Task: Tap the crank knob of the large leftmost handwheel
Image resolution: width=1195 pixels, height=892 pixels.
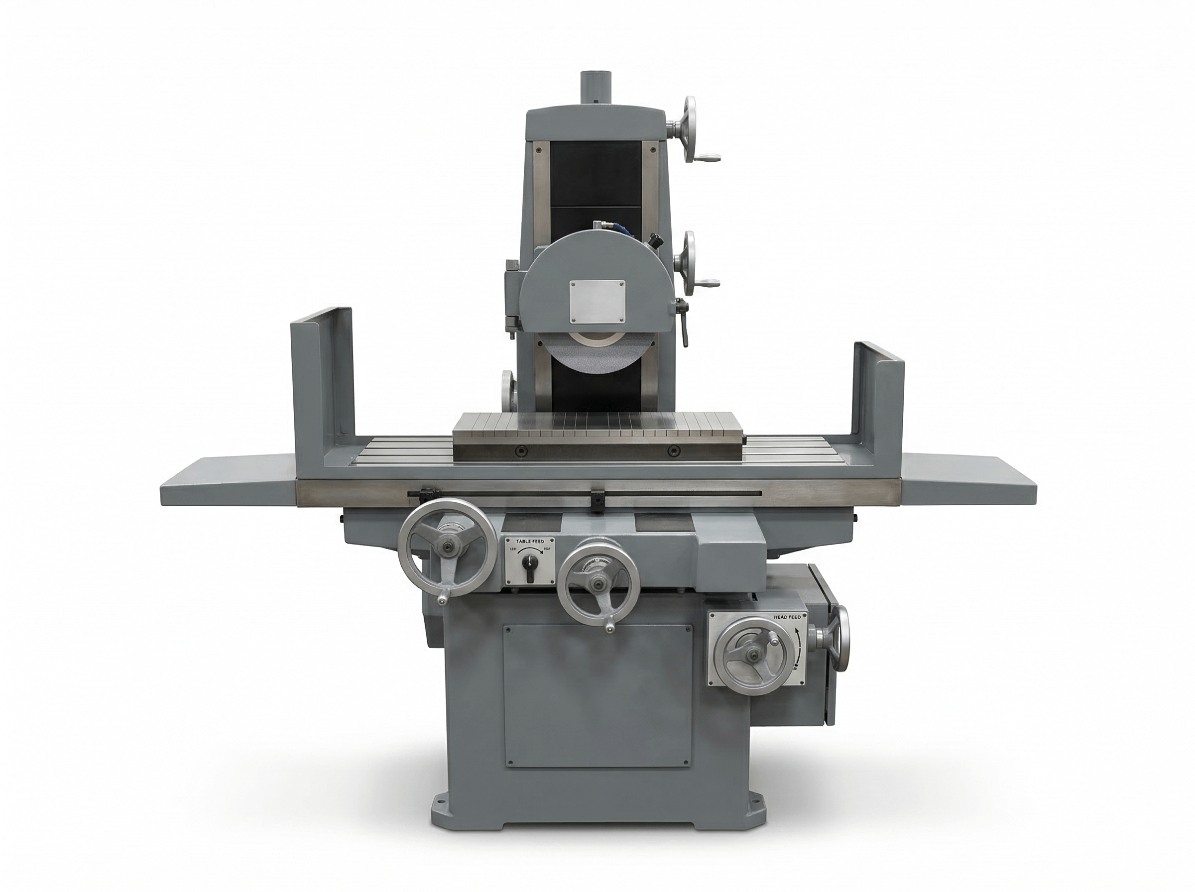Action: (x=443, y=600)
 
